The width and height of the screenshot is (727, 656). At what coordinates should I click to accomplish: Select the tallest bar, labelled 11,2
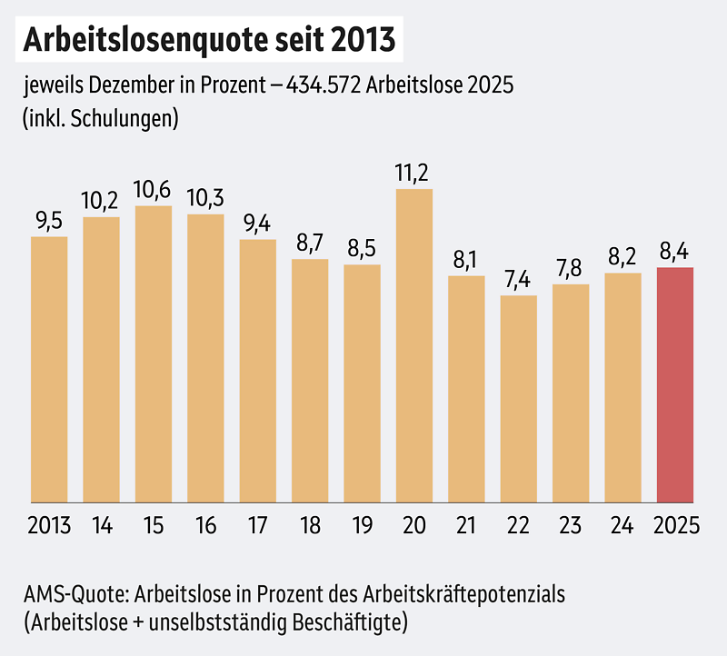(414, 345)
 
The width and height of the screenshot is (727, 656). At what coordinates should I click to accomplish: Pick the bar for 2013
(49, 369)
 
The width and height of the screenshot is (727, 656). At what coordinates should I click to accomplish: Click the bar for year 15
(154, 353)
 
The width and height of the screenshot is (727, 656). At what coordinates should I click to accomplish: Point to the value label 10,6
(154, 191)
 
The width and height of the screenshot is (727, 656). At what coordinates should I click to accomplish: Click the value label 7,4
(519, 280)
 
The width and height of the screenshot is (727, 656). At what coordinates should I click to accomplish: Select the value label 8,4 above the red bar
(675, 252)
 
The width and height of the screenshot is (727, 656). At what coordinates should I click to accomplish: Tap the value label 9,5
(49, 221)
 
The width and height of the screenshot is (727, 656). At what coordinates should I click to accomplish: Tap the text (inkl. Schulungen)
(100, 118)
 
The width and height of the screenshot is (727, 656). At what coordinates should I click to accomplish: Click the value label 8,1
(466, 261)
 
